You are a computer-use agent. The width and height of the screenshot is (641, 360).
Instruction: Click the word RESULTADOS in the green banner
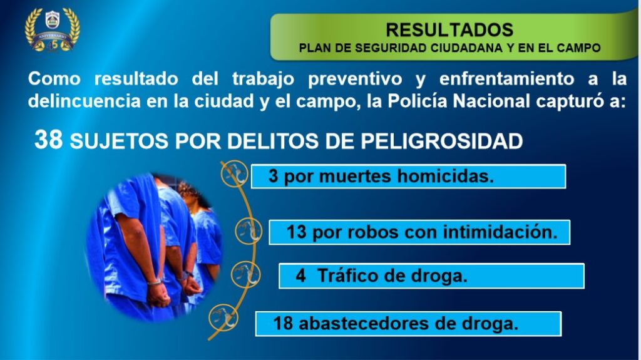coord(449,30)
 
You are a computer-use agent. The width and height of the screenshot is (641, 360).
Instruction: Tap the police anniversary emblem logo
coord(53,30)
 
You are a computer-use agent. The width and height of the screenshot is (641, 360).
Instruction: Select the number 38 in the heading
coord(49,140)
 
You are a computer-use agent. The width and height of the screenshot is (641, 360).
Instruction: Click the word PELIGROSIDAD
coord(442,141)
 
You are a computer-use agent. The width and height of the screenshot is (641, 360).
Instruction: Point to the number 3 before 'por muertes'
coord(273,177)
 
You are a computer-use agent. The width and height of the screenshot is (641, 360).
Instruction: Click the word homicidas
coord(446,177)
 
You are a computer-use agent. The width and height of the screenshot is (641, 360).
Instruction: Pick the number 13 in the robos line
coord(296,232)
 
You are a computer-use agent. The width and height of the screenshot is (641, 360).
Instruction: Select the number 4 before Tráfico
coord(300,276)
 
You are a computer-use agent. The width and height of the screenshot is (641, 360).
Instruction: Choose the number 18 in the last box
coord(283,324)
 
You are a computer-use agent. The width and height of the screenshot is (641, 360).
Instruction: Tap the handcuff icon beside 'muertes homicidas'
coord(234,174)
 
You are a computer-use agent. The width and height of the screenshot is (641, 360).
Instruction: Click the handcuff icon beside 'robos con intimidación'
coord(249,231)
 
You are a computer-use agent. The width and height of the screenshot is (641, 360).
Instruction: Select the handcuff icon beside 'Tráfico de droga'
coord(245,274)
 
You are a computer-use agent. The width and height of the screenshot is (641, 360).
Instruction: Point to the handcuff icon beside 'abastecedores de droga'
coord(223,317)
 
